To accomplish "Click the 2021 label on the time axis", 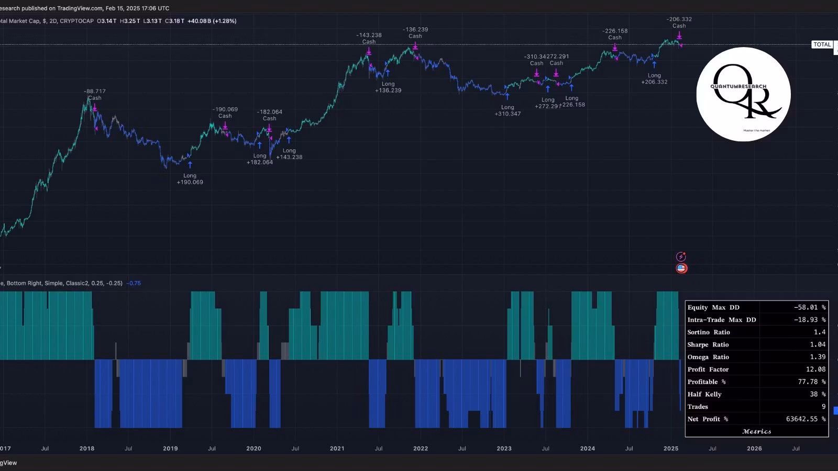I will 337,448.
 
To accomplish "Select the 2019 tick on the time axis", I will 170,448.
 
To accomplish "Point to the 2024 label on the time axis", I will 587,448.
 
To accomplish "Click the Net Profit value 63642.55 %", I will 806,419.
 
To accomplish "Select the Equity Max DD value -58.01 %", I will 810,308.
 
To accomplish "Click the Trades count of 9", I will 823,407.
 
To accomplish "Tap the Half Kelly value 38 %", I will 818,395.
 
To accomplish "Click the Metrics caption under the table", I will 757,432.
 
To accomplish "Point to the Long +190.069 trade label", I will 190,179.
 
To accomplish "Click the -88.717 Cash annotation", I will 95,94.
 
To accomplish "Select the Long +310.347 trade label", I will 508,110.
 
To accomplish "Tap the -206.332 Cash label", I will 679,23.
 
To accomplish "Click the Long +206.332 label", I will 654,78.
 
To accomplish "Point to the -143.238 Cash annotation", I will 369,38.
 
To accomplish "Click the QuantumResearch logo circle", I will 743,94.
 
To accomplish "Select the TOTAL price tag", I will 822,44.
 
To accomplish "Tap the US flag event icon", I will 681,268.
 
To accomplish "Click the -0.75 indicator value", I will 135,283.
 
